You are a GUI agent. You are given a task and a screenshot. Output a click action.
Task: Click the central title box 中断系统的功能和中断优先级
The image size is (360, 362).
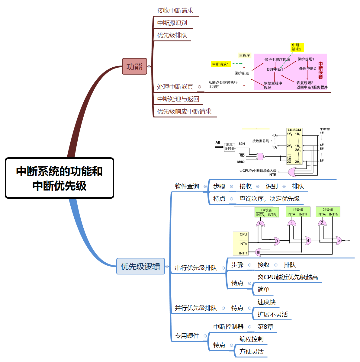59,178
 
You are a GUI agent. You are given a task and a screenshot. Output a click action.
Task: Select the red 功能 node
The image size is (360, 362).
134,66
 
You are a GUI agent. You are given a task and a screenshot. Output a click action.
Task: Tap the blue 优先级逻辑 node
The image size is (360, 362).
140,266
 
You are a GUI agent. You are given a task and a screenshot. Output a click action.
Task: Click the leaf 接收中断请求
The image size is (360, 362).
175,11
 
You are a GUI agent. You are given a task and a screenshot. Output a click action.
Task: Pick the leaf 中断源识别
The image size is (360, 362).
172,23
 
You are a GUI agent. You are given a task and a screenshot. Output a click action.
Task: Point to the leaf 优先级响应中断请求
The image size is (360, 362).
184,111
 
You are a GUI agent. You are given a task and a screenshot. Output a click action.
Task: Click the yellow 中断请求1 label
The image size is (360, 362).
220,64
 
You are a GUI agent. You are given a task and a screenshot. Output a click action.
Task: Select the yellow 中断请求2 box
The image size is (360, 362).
297,47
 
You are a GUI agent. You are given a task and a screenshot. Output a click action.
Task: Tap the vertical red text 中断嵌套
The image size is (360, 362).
320,70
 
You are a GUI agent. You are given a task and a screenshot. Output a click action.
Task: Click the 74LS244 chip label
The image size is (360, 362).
294,130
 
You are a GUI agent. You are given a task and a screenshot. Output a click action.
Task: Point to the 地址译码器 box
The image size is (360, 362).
230,147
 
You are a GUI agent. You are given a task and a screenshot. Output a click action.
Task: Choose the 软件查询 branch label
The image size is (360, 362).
187,186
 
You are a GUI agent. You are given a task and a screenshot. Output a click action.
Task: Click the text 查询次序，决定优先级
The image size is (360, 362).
269,199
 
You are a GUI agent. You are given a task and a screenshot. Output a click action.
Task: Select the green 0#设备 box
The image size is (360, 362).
266,212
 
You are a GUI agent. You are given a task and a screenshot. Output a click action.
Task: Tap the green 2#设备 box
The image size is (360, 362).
328,212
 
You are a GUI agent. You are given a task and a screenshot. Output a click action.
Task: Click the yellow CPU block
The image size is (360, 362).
241,243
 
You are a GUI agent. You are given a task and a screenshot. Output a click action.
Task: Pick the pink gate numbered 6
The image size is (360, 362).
258,252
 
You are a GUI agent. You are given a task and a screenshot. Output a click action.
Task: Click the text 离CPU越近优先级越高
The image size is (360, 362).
288,277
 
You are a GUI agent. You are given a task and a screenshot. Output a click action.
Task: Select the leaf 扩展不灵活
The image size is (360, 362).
272,314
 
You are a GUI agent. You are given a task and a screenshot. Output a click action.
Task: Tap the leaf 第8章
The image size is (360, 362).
265,327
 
